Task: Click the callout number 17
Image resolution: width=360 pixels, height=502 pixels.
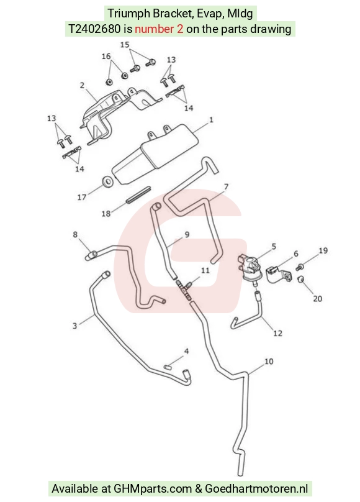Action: point(82,197)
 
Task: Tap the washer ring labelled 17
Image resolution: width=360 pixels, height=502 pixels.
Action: point(107,181)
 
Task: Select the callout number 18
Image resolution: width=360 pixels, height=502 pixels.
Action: point(106,213)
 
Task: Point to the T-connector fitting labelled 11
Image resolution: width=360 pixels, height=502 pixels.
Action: point(185,288)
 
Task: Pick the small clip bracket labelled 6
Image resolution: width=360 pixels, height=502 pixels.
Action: point(278,275)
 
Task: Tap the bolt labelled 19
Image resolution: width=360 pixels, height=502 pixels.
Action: point(300,267)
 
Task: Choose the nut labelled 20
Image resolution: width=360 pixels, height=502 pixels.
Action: point(300,280)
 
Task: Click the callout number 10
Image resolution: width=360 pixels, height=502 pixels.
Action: point(269,361)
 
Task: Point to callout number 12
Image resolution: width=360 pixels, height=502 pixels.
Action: point(277,333)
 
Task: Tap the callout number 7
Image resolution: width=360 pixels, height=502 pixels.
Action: point(226,186)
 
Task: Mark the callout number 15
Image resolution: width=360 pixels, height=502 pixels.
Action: point(125,45)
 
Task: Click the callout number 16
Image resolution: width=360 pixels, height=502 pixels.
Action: point(106,56)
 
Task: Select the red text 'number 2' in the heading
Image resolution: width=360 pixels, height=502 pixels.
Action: point(159,29)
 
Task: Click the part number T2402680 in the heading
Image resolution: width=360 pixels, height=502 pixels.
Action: point(94,29)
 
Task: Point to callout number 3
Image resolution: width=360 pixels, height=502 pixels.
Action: point(75,326)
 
